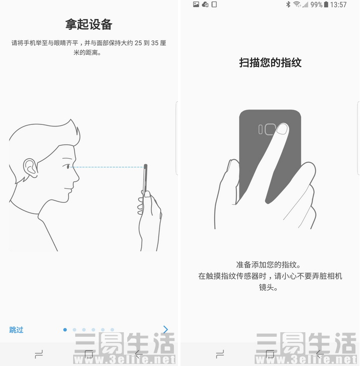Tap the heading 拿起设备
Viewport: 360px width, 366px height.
tap(88, 24)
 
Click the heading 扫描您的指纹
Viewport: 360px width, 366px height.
tap(270, 62)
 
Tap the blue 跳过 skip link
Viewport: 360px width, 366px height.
tap(16, 330)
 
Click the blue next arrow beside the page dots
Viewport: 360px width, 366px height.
tap(166, 329)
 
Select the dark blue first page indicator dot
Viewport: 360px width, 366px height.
tap(65, 330)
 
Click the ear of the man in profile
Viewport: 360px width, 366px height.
tap(30, 168)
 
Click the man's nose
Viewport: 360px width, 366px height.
tap(76, 176)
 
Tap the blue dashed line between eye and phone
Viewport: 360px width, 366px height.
tap(107, 167)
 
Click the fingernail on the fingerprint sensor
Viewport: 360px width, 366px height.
tap(282, 129)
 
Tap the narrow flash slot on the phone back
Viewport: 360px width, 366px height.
tap(261, 130)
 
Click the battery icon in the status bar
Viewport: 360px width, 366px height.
tap(326, 5)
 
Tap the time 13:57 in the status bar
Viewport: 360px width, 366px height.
tap(339, 5)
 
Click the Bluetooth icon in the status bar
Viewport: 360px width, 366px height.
tap(288, 5)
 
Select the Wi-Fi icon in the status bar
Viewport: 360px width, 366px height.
tap(297, 5)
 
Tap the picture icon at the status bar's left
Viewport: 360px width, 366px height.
tap(196, 5)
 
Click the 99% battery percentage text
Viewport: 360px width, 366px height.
tap(317, 5)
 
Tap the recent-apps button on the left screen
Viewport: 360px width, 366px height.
tap(39, 354)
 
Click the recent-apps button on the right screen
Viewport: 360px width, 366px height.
tap(220, 354)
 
